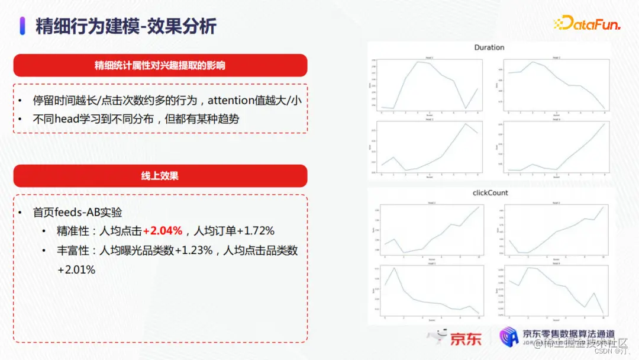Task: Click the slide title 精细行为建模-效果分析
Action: point(126,26)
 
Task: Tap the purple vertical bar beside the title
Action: point(22,26)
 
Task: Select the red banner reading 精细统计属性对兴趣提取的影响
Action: point(160,65)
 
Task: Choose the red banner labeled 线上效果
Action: point(160,176)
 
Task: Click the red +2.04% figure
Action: point(163,231)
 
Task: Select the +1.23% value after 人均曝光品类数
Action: point(193,250)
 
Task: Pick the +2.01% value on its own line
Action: point(76,269)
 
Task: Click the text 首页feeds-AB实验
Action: point(78,212)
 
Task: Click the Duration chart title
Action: point(489,47)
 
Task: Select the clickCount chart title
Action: point(490,193)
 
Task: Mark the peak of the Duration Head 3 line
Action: point(466,124)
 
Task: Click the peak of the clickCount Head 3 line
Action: point(393,268)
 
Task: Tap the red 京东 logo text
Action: point(466,339)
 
